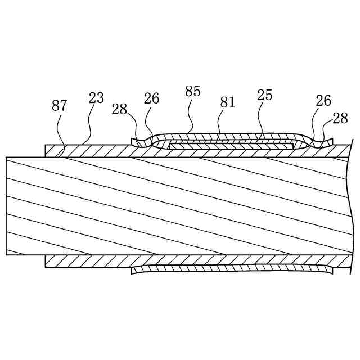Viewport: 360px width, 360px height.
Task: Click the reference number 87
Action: [x=60, y=106]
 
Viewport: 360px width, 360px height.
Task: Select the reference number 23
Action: [x=96, y=98]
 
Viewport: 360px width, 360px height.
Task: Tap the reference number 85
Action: [x=193, y=92]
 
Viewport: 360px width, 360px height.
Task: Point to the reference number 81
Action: [x=228, y=102]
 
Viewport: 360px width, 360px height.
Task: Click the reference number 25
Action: [x=265, y=95]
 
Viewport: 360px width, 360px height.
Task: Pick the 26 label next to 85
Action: [x=151, y=98]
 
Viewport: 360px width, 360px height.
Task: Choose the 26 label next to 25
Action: [x=323, y=101]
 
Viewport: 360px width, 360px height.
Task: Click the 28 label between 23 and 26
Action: [x=119, y=109]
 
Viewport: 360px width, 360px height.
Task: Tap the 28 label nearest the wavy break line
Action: [x=340, y=118]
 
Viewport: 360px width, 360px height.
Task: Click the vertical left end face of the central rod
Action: [x=6, y=206]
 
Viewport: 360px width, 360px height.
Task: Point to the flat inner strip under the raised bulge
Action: [x=231, y=146]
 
